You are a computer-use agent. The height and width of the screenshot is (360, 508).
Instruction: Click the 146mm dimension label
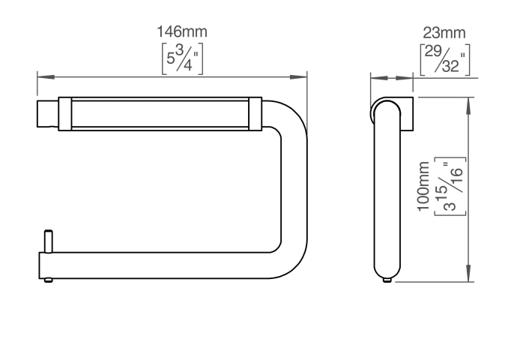pos(182,31)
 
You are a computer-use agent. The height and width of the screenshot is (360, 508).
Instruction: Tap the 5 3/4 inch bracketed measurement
pos(182,58)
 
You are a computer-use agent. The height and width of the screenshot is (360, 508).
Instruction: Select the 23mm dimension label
pos(444,33)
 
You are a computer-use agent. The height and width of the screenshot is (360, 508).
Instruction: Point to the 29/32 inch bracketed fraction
pos(445,59)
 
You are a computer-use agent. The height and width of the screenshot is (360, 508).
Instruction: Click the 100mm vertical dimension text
pos(423,186)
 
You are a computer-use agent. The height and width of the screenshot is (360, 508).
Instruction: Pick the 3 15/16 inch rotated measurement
pos(450,187)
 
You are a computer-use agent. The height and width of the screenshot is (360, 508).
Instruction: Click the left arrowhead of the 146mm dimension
pos(46,77)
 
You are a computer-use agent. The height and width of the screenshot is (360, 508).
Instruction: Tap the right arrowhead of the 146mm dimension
pos(298,77)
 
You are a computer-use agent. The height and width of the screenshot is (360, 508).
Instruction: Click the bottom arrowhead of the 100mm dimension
pos(468,273)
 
